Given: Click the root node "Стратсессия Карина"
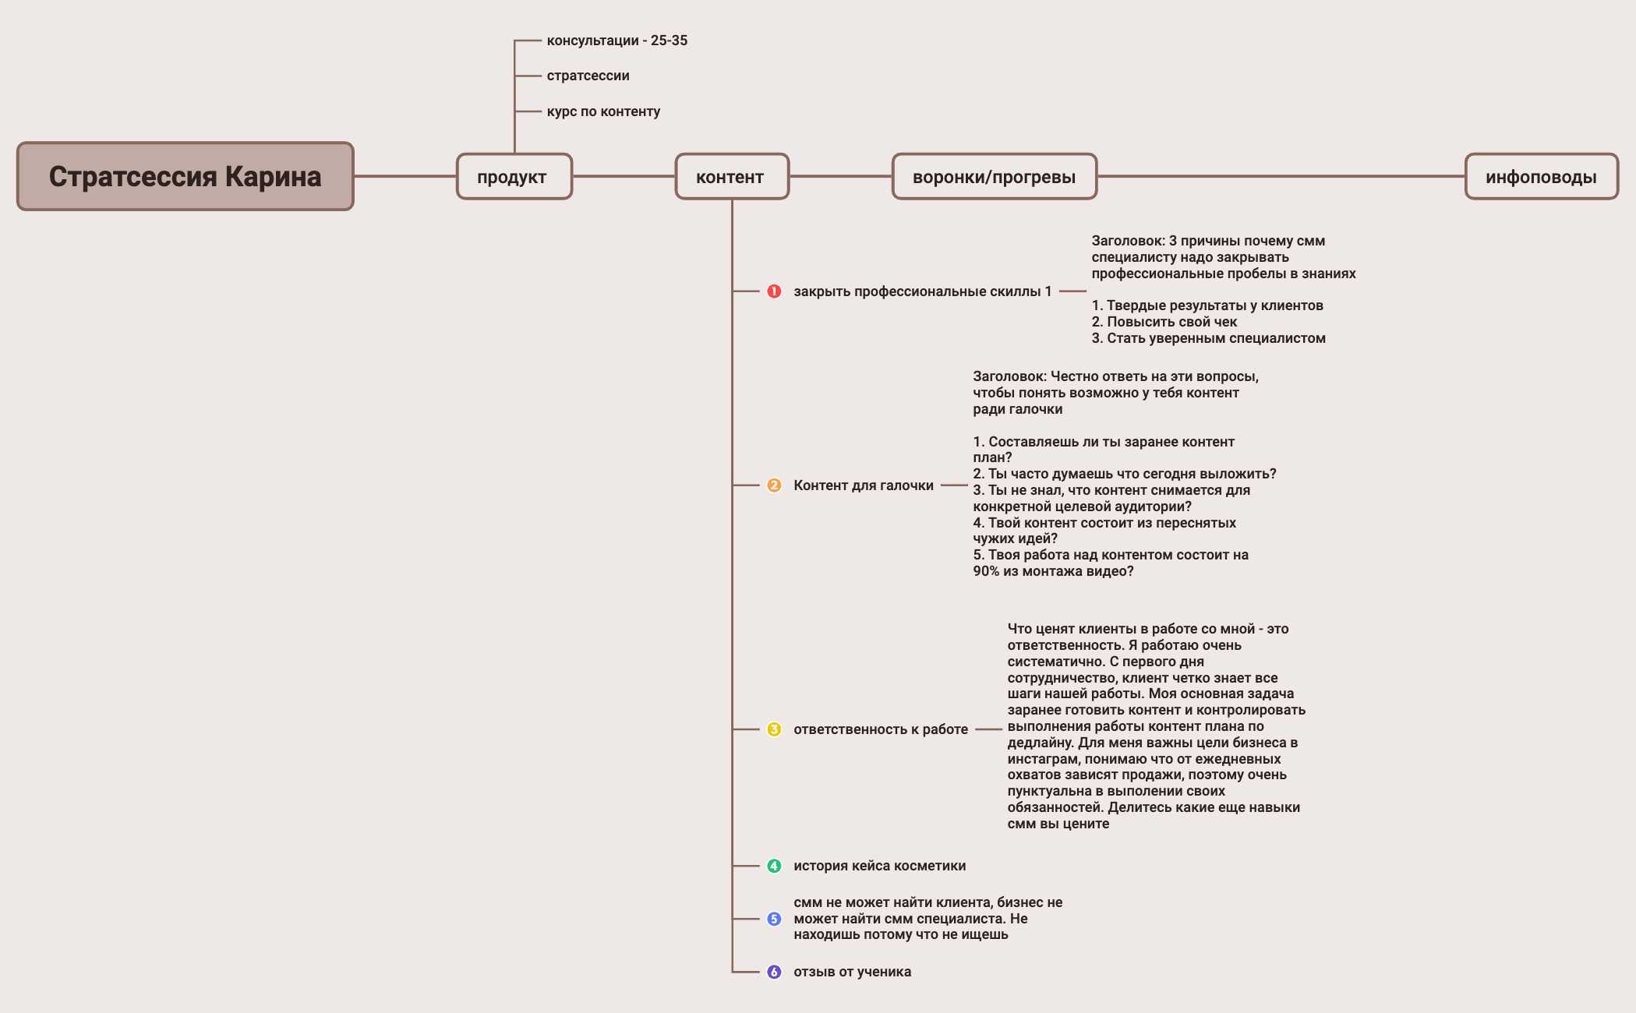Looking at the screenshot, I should point(186,176).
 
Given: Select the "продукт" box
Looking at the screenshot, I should point(514,177).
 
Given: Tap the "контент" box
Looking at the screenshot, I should point(731,177).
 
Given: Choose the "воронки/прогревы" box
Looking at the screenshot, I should point(994,177).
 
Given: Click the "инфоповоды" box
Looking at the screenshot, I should point(1541,177).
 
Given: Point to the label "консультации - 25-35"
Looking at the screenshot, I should point(617,41).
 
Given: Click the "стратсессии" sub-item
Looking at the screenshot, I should point(588,76).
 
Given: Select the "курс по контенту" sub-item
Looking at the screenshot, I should point(603,111).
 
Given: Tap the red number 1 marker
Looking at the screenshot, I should point(774,291).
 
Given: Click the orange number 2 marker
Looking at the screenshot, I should point(774,485).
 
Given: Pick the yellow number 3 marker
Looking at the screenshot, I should point(774,729).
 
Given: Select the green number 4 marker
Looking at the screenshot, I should point(774,866).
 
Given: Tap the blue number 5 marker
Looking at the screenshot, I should point(774,919).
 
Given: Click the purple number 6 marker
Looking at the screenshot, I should point(774,972).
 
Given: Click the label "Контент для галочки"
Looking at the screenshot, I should point(863,485).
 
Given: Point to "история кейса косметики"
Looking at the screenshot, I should point(879,866).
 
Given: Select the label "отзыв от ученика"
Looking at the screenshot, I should point(852,972).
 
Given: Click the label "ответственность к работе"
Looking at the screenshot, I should point(881,729).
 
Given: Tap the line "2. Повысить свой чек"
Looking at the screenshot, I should point(1164,322).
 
